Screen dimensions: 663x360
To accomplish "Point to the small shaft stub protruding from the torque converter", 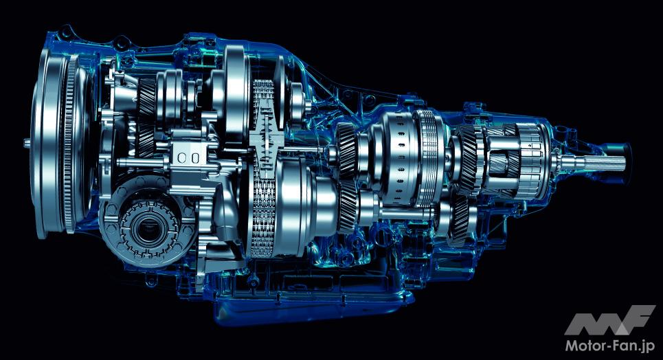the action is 27,144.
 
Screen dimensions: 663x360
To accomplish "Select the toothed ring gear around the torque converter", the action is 70,144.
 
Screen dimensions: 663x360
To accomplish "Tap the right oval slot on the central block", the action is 195,158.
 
